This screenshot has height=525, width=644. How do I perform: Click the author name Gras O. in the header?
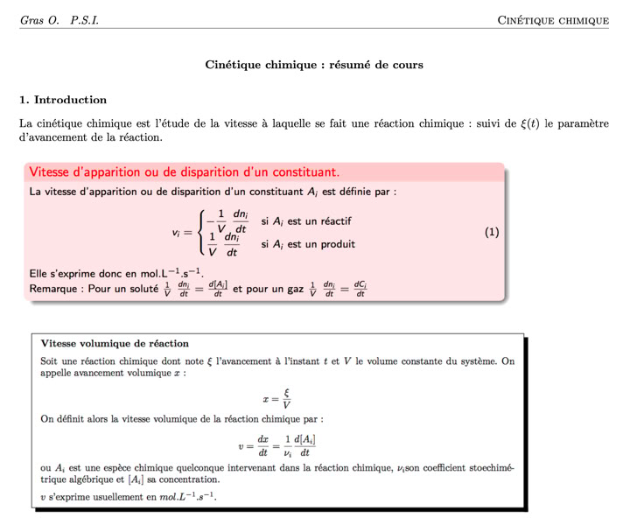[x=38, y=20]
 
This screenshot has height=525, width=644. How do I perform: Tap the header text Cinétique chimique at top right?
[x=553, y=20]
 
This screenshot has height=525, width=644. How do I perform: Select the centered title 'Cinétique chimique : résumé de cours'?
[x=314, y=65]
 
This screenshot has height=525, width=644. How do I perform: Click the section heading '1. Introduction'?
[x=63, y=100]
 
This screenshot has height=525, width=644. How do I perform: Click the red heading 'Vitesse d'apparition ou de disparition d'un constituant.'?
[x=184, y=171]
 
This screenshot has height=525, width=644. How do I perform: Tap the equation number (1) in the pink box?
[x=492, y=233]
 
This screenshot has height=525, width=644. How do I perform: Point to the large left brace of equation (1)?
[x=202, y=234]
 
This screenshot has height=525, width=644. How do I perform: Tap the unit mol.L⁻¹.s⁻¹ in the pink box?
[x=166, y=273]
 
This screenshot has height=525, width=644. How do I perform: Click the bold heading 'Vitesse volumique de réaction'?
[x=115, y=343]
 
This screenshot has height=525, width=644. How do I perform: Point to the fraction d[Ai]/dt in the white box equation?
[x=304, y=445]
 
